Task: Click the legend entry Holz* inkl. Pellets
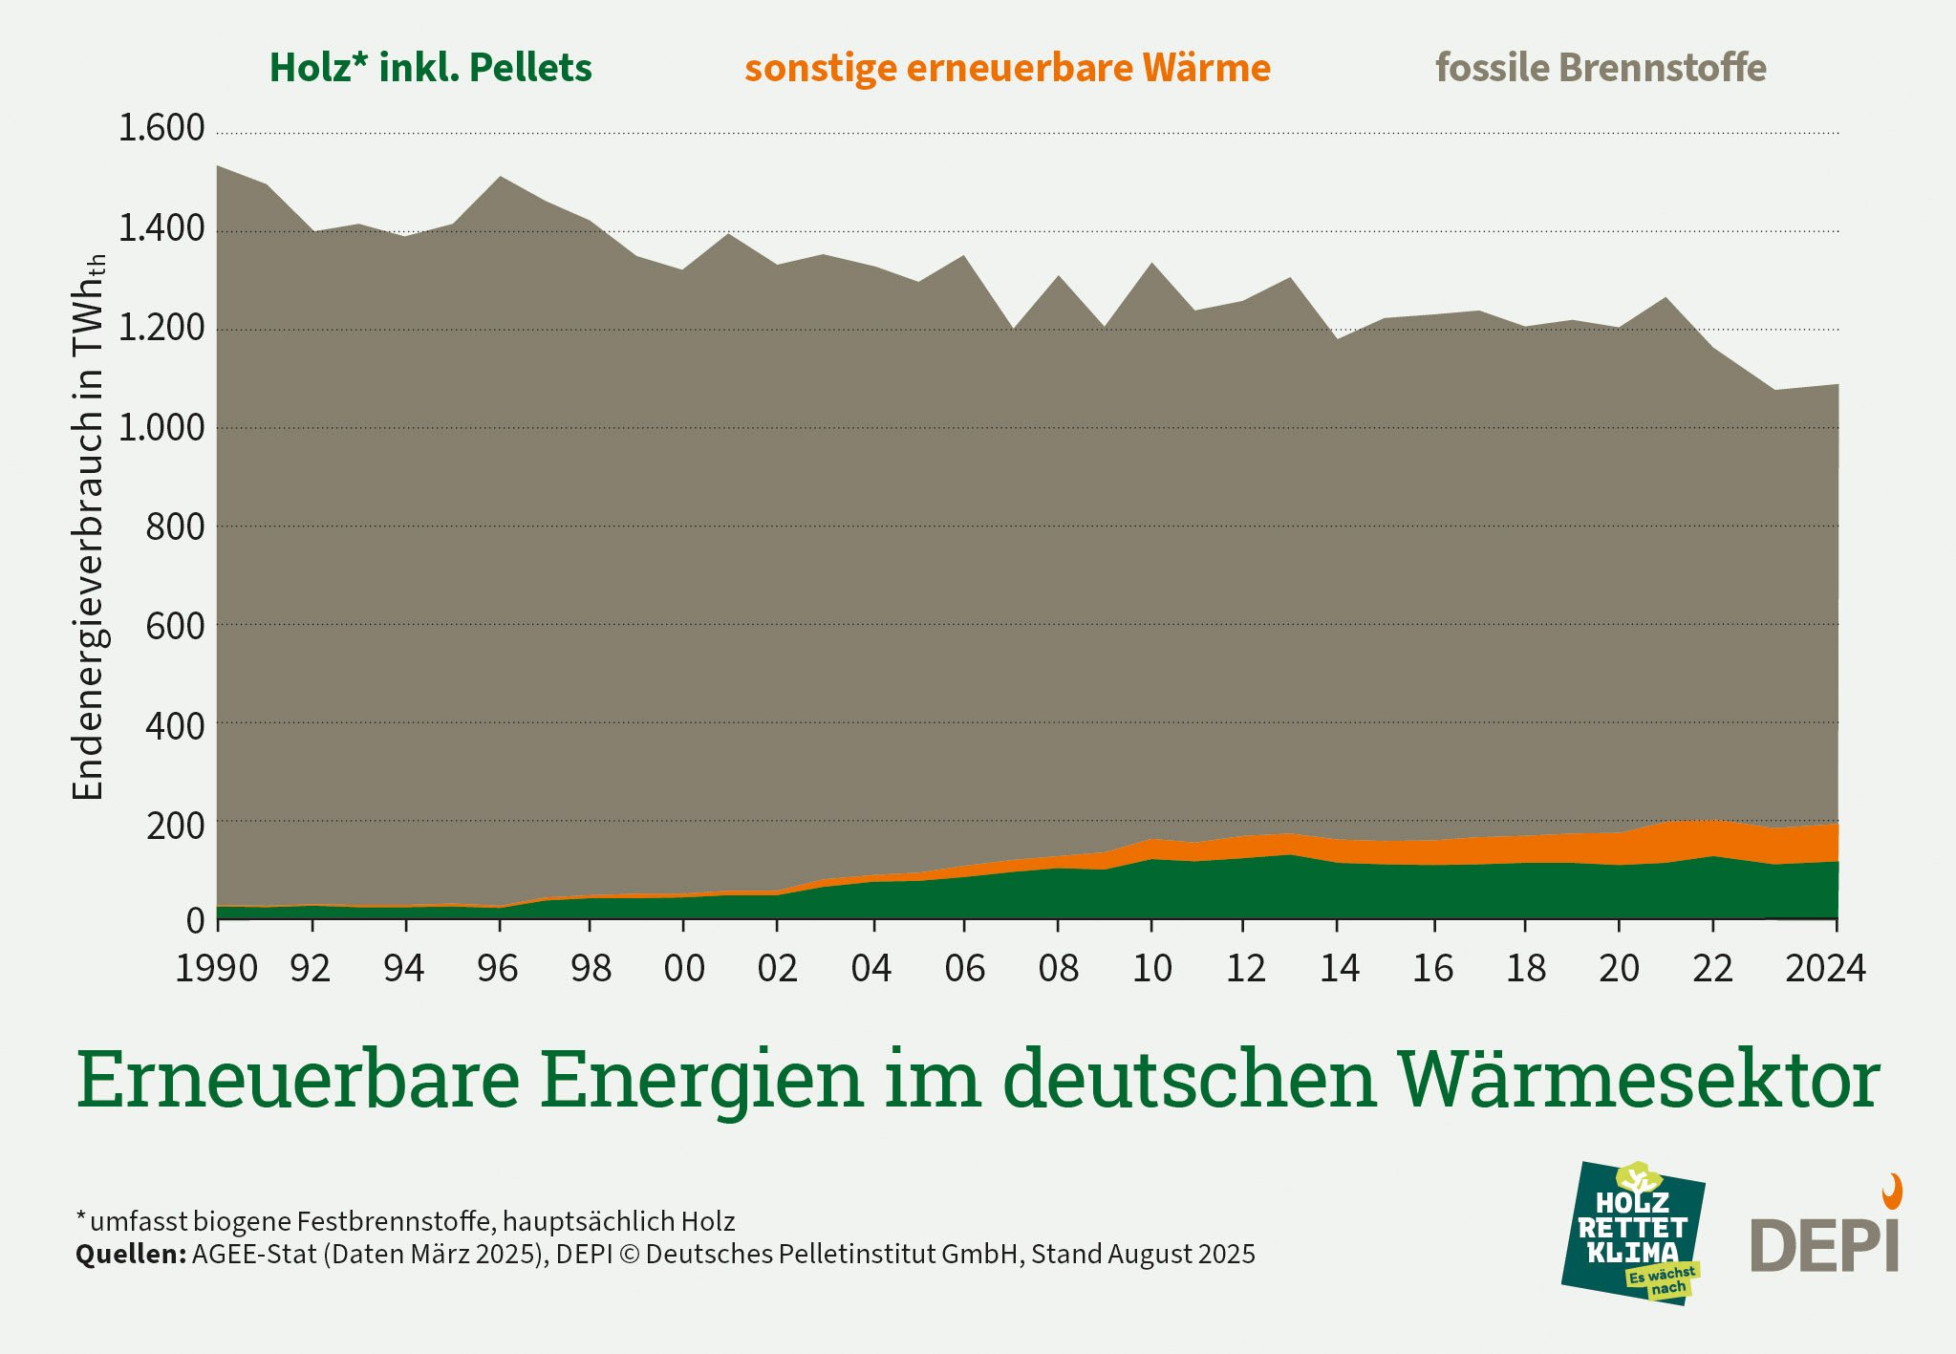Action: click(x=430, y=68)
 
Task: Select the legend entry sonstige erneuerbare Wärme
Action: click(x=1007, y=68)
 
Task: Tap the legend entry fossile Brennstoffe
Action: click(x=1601, y=68)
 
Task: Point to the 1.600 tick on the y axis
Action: click(x=161, y=128)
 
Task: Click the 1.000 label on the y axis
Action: click(x=161, y=428)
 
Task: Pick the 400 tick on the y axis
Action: click(x=175, y=727)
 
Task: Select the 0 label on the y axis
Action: click(x=195, y=921)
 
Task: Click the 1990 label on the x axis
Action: click(x=216, y=969)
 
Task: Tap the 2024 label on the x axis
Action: click(x=1825, y=969)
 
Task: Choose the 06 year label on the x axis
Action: click(x=964, y=969)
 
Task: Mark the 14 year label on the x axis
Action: click(x=1339, y=969)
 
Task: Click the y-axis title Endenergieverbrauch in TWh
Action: click(x=88, y=526)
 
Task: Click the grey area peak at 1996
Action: click(x=500, y=178)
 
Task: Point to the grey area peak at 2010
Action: click(x=1152, y=264)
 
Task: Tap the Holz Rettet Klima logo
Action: click(x=1633, y=1233)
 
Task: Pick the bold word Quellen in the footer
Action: click(x=130, y=1254)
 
